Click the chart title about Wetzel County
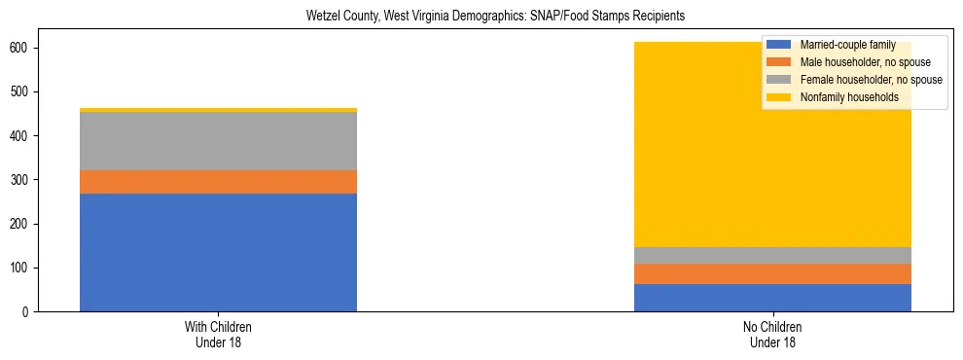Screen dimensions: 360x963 [x=481, y=17]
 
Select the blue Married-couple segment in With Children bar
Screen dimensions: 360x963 [x=218, y=252]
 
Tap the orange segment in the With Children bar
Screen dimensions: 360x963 [x=218, y=182]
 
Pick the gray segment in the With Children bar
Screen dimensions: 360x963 [x=218, y=141]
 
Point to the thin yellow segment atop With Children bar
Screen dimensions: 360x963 [x=218, y=110]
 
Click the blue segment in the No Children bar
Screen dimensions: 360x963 [x=772, y=298]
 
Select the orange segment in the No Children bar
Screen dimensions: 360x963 [x=772, y=273]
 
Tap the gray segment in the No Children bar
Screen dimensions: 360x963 [x=772, y=255]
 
